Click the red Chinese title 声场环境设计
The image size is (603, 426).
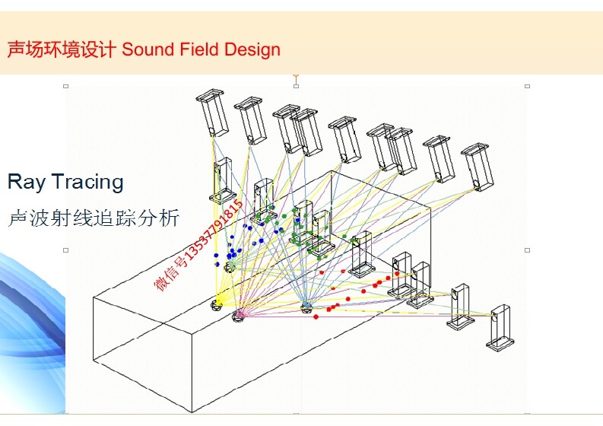pos(62,50)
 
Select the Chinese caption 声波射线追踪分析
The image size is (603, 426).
pos(93,218)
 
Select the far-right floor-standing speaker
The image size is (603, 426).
pos(500,327)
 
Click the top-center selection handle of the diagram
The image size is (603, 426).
pos(296,86)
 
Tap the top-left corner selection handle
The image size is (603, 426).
pos(66,86)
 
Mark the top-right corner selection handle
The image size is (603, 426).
pos(526,86)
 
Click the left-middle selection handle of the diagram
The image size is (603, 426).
pos(66,250)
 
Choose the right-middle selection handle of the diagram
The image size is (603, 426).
pos(526,250)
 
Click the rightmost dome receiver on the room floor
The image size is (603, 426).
pos(306,307)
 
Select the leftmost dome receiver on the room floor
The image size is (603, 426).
pos(217,304)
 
